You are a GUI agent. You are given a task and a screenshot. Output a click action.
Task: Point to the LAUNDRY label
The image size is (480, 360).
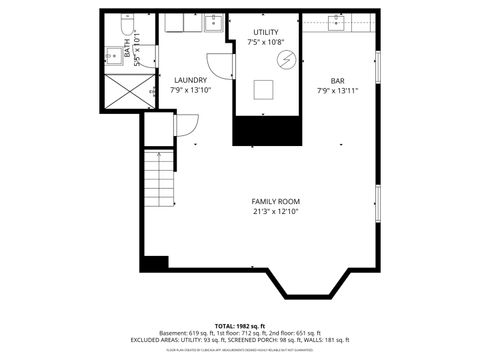(190, 80)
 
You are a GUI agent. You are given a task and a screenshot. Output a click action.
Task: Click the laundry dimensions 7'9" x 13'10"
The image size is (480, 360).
(190, 91)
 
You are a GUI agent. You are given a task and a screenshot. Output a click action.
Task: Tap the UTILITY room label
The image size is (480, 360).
(265, 33)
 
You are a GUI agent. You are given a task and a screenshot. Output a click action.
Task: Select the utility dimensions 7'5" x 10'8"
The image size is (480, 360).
(265, 42)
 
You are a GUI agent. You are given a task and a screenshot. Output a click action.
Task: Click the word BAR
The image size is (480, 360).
(338, 80)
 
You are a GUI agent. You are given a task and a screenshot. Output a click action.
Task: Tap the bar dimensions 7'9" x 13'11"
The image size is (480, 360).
(338, 91)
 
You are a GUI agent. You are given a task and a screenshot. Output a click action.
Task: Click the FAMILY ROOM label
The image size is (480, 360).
(275, 201)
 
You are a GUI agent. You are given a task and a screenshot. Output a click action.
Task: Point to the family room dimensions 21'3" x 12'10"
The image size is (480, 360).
(275, 212)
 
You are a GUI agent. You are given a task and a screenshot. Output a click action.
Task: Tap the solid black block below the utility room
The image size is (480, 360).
(267, 131)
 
